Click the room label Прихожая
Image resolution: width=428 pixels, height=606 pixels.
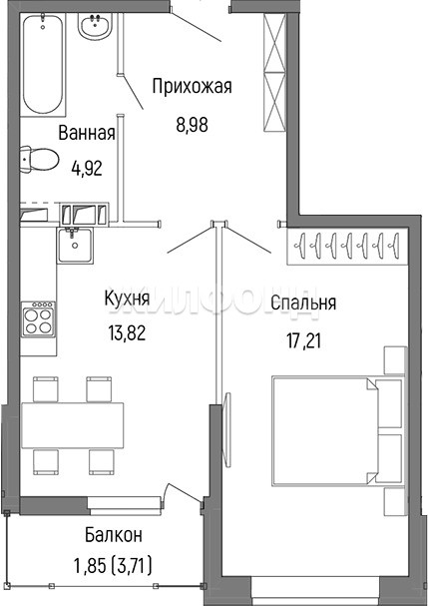(192, 87)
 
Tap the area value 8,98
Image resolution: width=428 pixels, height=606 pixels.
(192, 125)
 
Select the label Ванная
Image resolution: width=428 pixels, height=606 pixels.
(87, 133)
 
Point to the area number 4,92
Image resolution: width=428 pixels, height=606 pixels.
(87, 168)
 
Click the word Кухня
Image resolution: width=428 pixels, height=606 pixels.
(127, 299)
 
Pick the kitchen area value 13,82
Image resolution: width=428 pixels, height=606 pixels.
(127, 332)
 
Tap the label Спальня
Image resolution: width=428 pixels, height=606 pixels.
(303, 303)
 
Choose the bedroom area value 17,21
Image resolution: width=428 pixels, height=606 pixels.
(303, 340)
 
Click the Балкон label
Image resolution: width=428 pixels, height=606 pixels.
(114, 535)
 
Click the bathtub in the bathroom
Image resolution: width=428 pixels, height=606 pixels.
(43, 63)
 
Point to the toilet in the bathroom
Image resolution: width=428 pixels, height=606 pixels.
(39, 159)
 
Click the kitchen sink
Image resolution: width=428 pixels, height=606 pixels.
(75, 245)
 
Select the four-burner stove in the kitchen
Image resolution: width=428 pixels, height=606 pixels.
(38, 318)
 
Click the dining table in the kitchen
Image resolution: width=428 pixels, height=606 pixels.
(73, 425)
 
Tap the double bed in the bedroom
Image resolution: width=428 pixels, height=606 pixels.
(337, 430)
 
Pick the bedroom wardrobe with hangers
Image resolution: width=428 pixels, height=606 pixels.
(347, 246)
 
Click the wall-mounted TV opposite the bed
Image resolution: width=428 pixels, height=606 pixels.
(227, 424)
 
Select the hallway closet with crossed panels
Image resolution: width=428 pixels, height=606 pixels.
(274, 72)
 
